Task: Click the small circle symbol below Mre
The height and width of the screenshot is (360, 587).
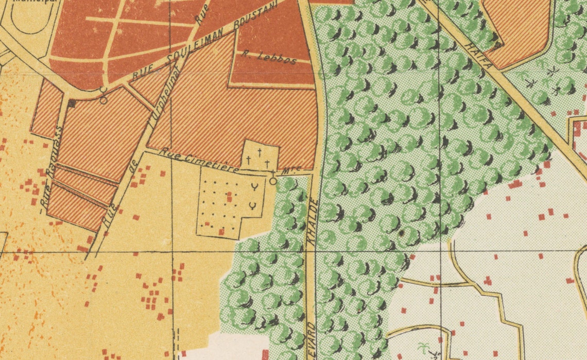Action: [273, 181]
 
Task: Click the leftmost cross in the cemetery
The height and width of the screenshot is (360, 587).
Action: [248, 160]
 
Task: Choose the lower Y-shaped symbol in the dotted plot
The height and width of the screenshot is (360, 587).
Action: [253, 207]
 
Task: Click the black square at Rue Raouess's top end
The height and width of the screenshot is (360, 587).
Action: [72, 104]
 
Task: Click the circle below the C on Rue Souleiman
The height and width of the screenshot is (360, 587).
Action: [103, 100]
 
